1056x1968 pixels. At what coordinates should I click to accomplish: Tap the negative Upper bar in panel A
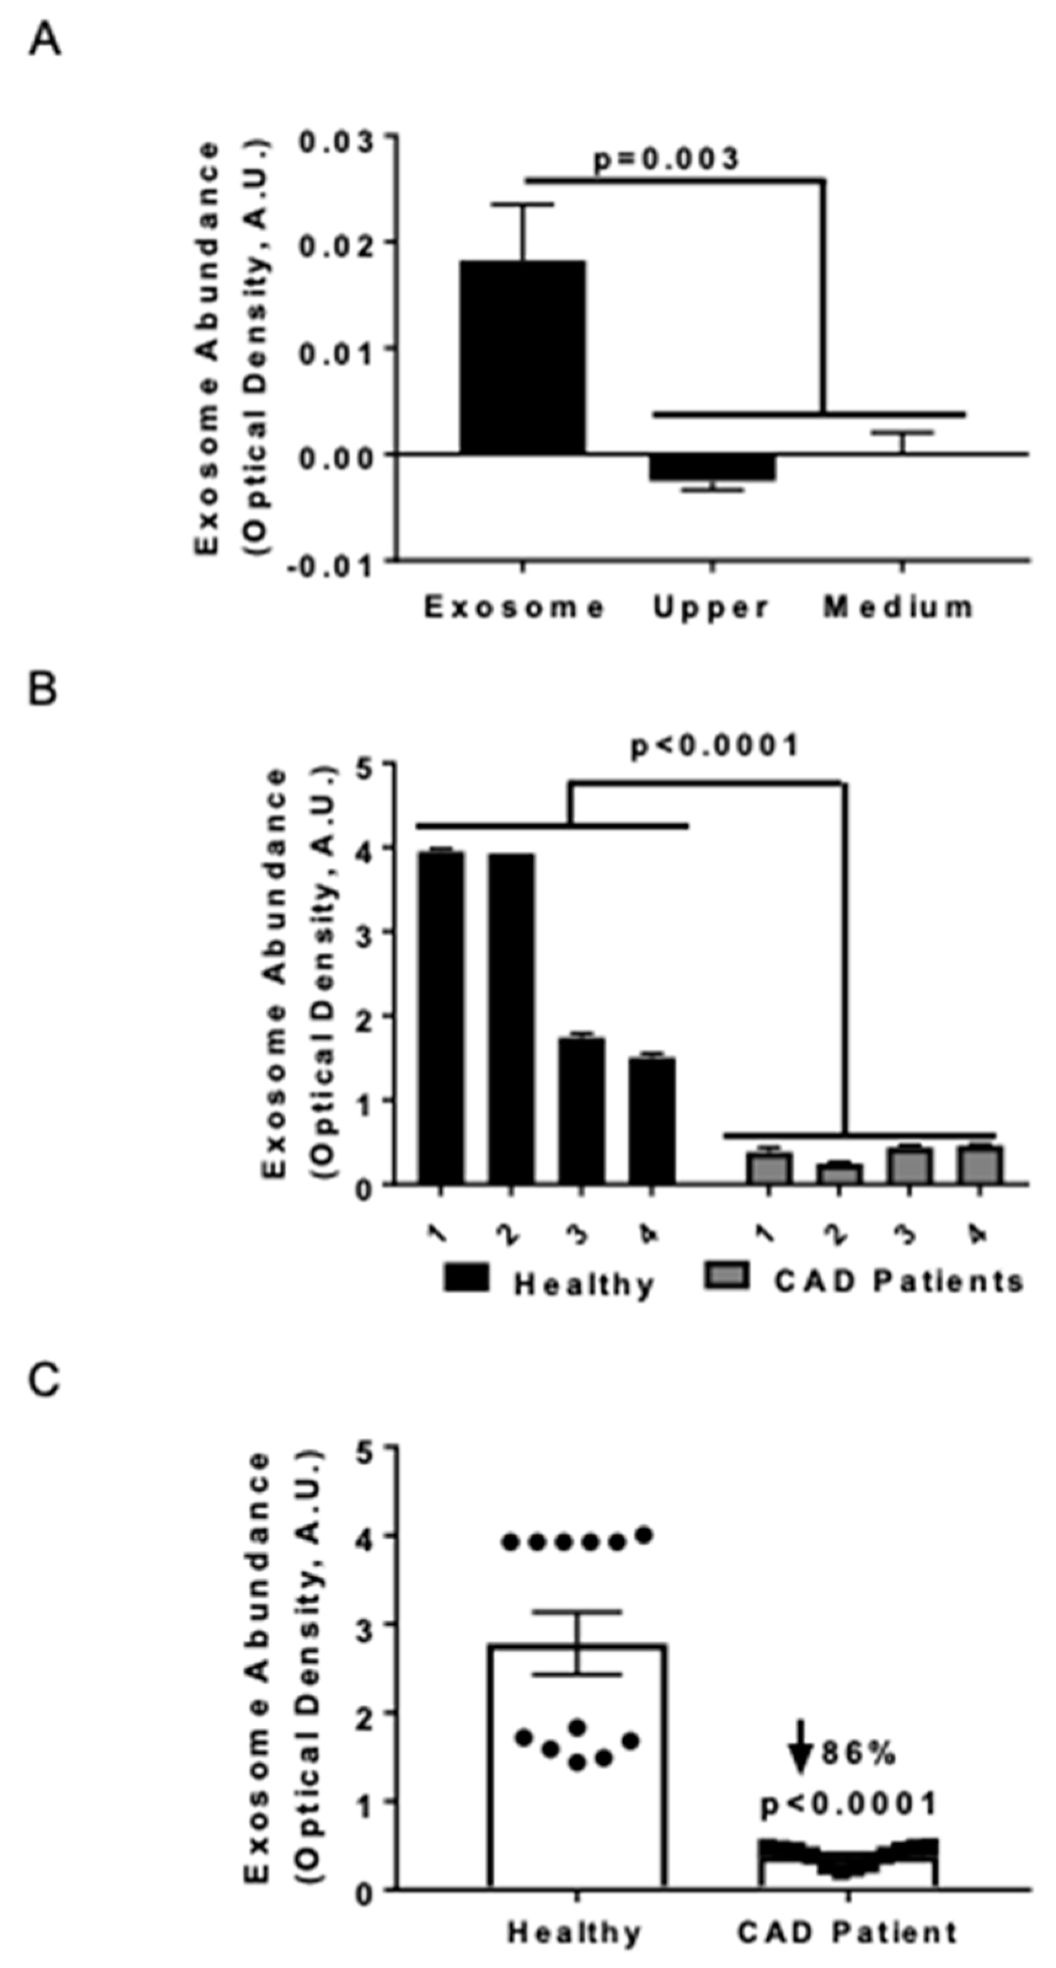tap(712, 467)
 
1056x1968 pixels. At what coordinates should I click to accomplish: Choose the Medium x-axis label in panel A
tap(899, 607)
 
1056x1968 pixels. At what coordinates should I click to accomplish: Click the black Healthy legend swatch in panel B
tap(466, 1278)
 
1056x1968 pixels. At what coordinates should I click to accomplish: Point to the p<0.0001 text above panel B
tap(715, 746)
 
